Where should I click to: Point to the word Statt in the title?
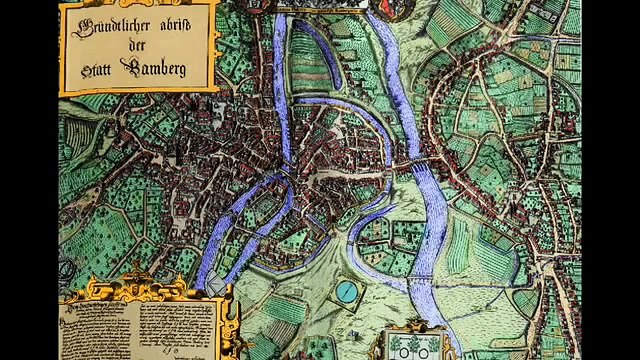pyautogui.click(x=97, y=71)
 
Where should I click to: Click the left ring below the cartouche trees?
pyautogui.click(x=399, y=353)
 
